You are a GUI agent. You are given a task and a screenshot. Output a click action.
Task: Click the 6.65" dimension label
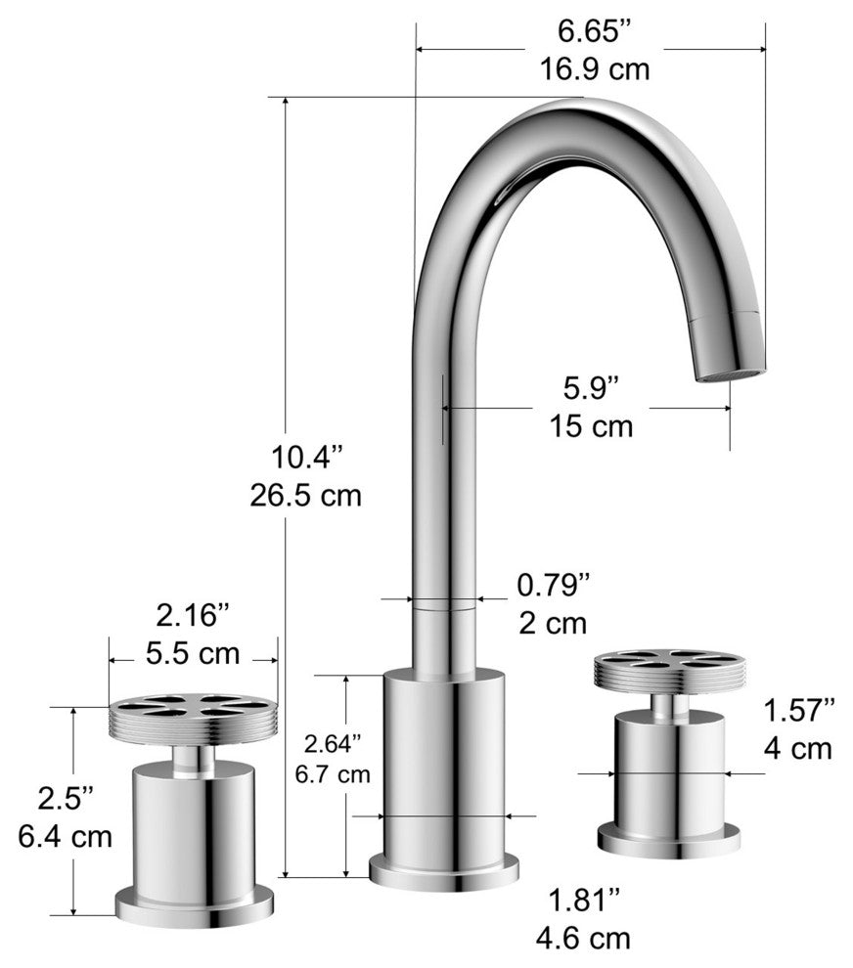(590, 31)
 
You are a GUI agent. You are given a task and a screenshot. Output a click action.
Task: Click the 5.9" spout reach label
(591, 388)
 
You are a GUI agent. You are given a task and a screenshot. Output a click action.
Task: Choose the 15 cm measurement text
(591, 426)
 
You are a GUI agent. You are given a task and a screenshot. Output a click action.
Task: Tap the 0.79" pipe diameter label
(553, 585)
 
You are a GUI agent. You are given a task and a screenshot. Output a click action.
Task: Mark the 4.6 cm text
(583, 938)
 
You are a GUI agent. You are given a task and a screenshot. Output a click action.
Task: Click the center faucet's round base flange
(444, 871)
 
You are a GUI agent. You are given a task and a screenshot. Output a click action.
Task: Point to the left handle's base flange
(194, 905)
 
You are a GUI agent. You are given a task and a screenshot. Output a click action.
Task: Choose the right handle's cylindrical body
(670, 772)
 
